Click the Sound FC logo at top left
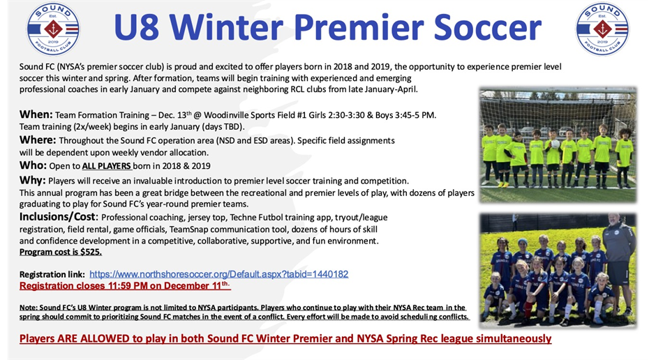[x=53, y=29]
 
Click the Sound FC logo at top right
[x=602, y=29]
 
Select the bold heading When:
[x=36, y=114]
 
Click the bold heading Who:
[x=33, y=165]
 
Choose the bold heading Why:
[x=33, y=180]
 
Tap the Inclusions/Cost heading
[x=59, y=217]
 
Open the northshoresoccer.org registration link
[x=218, y=274]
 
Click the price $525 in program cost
[x=90, y=252]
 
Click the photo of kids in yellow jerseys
[x=557, y=145]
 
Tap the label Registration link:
[x=52, y=274]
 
